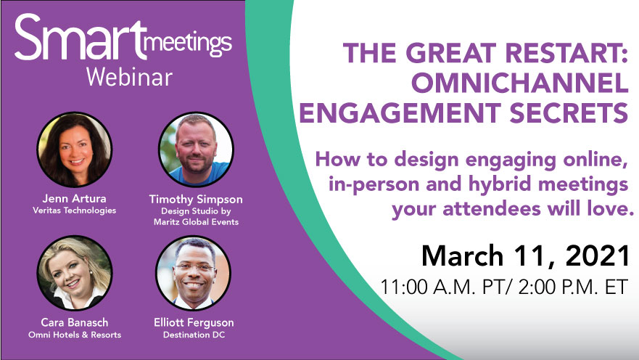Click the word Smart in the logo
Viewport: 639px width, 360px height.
pyautogui.click(x=80, y=37)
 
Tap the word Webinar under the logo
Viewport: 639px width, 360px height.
pyautogui.click(x=129, y=77)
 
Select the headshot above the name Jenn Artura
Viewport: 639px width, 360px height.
pyautogui.click(x=75, y=150)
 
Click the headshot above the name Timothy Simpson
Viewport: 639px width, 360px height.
pyautogui.click(x=196, y=150)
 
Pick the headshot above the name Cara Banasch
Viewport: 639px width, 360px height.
pyautogui.click(x=75, y=273)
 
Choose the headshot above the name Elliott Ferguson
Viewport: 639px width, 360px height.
pyautogui.click(x=193, y=273)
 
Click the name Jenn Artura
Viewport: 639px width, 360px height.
pyautogui.click(x=74, y=199)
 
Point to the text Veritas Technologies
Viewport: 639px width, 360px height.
pyautogui.click(x=75, y=210)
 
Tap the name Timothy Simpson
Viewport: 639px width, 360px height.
pyautogui.click(x=196, y=200)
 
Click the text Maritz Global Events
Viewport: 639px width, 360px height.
pyautogui.click(x=196, y=222)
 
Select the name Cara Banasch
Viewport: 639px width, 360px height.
pyautogui.click(x=75, y=322)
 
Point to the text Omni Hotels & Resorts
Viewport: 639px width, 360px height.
pyautogui.click(x=75, y=335)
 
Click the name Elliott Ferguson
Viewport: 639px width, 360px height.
pyautogui.click(x=194, y=323)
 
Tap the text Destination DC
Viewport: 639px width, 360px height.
pyautogui.click(x=194, y=335)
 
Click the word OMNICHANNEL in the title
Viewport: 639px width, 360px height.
pyautogui.click(x=519, y=83)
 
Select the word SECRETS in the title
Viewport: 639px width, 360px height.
pyautogui.click(x=569, y=112)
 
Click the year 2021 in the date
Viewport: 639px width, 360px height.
pyautogui.click(x=597, y=255)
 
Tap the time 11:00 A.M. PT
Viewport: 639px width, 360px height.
pyautogui.click(x=442, y=287)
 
